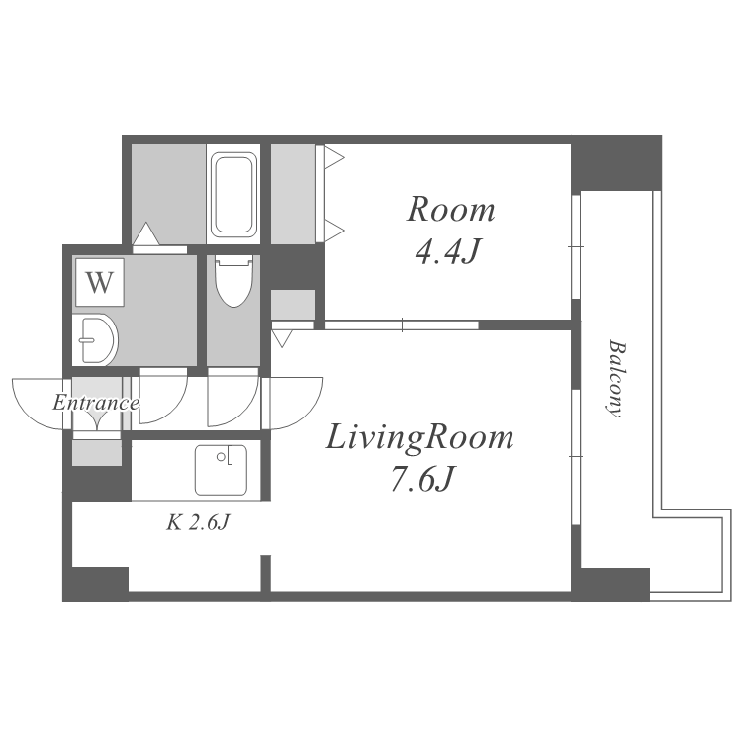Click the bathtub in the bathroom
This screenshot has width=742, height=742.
point(233,194)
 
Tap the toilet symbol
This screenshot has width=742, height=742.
point(233,281)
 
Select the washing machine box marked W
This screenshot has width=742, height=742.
point(98,283)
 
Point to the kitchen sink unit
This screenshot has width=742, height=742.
point(227,469)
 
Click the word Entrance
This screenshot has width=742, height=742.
point(95,403)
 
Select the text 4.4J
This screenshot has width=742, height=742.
point(447,253)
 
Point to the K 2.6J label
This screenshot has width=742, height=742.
point(198,522)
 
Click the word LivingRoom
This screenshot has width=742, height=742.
point(420,436)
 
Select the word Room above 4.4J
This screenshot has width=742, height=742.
point(451,210)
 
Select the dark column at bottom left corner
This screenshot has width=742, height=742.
point(96,584)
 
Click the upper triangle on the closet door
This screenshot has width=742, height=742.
point(333,156)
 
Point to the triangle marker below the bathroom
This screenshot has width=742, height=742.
point(145,234)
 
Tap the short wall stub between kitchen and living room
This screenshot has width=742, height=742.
point(265,575)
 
